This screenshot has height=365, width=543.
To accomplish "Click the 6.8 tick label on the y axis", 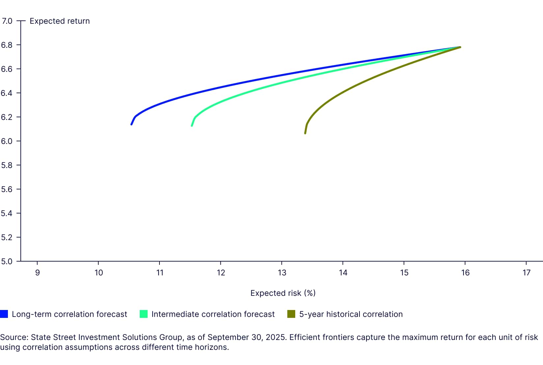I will click(7, 45).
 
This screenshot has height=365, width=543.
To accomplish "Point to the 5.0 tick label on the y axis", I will click(7, 262).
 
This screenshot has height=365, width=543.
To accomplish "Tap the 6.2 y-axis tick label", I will click(7, 117).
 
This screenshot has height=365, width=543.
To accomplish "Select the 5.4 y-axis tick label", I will click(7, 213).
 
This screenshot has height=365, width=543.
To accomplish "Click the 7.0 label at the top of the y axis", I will click(7, 21).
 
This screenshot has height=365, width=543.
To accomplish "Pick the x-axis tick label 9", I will click(37, 273).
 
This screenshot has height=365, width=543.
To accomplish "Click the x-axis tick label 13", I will click(282, 273).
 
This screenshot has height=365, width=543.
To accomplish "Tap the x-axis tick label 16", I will click(465, 273).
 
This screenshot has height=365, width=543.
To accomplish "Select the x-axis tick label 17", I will click(527, 273).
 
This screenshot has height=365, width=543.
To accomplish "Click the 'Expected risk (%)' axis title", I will click(283, 293).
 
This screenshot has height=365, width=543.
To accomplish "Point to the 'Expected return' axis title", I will click(60, 21).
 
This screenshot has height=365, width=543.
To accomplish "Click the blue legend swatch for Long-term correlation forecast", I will click(4, 314).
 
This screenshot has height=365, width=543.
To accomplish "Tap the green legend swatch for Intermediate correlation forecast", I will click(144, 314).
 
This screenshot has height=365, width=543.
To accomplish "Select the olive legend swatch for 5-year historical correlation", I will click(291, 314).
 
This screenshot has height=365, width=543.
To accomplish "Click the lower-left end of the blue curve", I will click(131, 124).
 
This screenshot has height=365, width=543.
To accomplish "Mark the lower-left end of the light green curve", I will click(192, 126).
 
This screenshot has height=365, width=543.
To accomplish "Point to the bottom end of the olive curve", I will click(305, 133).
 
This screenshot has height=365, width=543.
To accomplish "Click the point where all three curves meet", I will click(460, 47).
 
